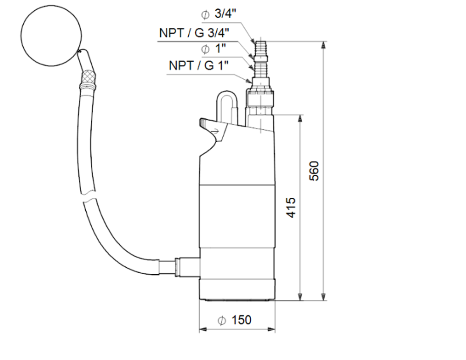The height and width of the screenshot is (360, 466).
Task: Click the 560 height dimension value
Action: click(x=315, y=171)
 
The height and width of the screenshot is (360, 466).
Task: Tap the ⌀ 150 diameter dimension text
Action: click(x=235, y=320)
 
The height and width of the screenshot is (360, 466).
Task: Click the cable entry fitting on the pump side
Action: click(x=186, y=267)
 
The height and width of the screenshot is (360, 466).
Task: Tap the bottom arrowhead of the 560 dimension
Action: click(x=323, y=297)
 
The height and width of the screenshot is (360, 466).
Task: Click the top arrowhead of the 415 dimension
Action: click(x=301, y=118)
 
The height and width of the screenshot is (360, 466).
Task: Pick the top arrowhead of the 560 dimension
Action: click(x=323, y=45)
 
